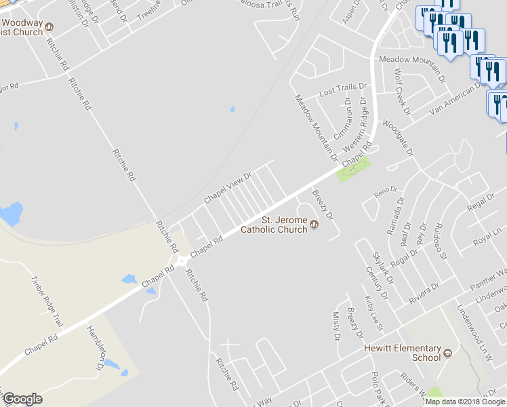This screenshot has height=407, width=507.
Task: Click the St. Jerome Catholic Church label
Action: [x=284, y=224]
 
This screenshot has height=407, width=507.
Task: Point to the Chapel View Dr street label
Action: [x=228, y=188]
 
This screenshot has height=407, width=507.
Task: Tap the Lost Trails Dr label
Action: [x=342, y=90]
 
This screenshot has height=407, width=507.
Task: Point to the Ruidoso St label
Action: [x=441, y=241]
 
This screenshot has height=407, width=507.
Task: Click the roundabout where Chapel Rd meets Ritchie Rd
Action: [x=182, y=261]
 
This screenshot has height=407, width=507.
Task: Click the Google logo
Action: [x=22, y=399]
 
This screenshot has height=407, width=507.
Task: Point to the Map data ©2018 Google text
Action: [x=465, y=402]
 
